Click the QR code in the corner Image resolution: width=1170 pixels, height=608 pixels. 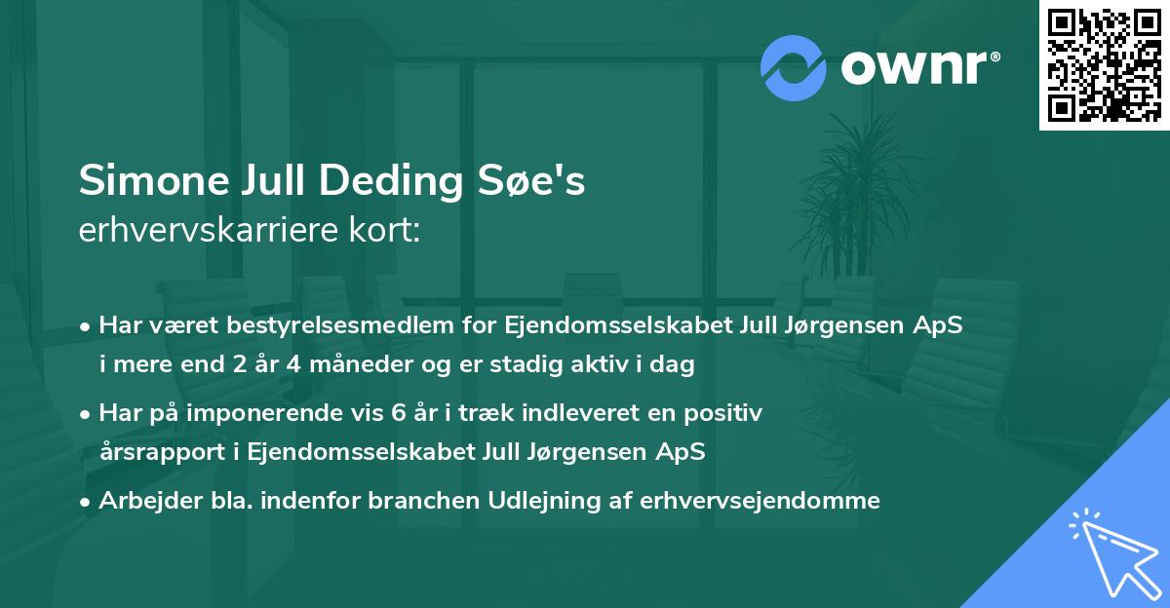click(x=1104, y=65)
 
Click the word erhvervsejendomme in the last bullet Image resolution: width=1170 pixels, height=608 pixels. click(x=760, y=501)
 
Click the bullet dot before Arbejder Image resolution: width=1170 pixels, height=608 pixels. click(x=87, y=501)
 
